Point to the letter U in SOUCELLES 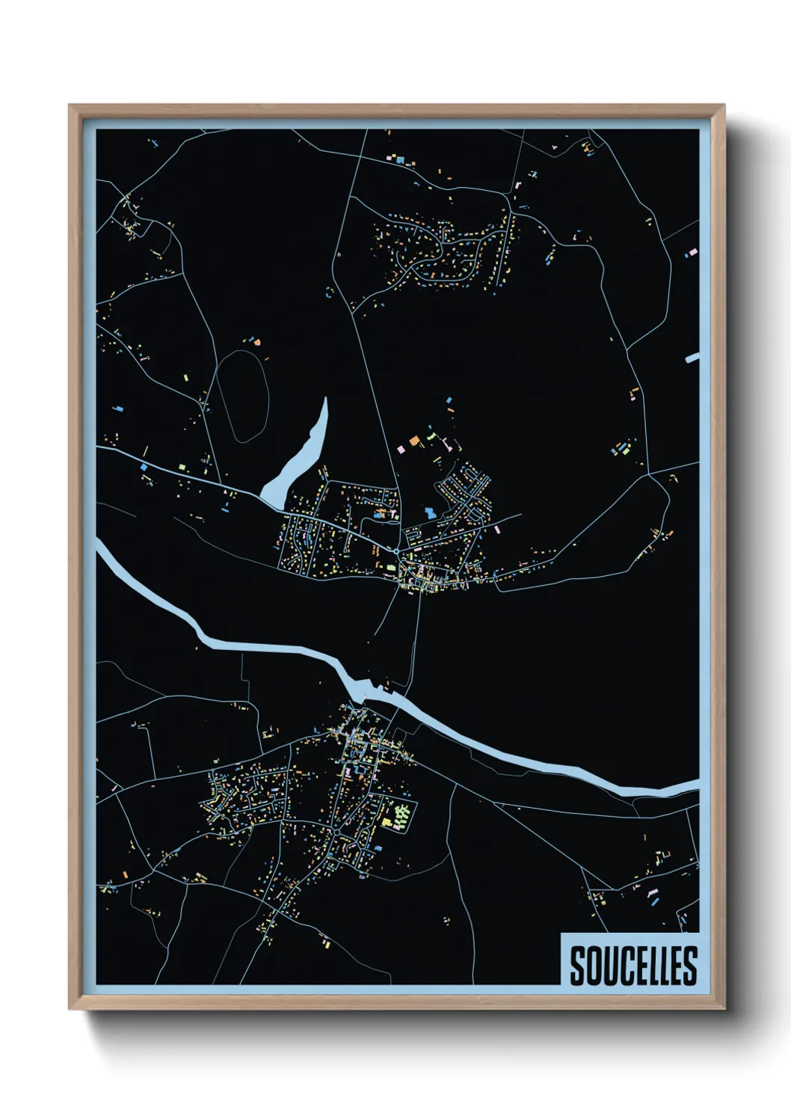606,966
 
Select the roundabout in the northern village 396,552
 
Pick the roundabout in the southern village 337,831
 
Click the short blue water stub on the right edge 692,359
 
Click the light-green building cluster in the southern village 401,815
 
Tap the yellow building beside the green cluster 387,823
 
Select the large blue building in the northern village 429,513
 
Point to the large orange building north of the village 413,441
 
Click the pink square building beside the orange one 401,450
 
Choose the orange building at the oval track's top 256,342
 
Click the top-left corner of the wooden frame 70,105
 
